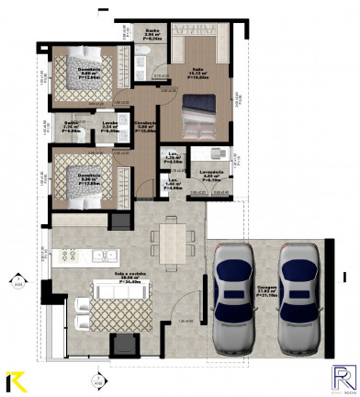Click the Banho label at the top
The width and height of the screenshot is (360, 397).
pos(153,35)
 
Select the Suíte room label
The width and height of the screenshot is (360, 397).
pos(198,72)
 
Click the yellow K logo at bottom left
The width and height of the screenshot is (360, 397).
pos(15,380)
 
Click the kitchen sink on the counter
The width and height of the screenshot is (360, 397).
pos(107,255)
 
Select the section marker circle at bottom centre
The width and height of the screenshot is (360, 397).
pos(96,377)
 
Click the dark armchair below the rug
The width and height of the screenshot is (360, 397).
pos(123,345)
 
